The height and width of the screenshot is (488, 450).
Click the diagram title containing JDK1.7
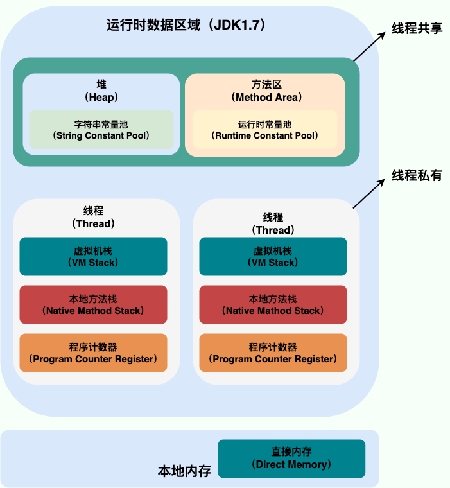coord(186,25)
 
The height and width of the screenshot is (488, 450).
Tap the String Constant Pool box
coord(101,130)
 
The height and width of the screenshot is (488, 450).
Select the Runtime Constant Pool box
coord(265,130)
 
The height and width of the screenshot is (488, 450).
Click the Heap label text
coord(101,91)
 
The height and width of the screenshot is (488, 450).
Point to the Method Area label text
coord(266,91)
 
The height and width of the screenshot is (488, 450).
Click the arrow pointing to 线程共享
coord(369,47)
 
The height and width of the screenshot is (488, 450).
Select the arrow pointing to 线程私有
coord(369,193)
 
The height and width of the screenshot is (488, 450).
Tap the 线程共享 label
coord(417,28)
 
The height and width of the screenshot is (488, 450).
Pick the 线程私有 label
coord(417,175)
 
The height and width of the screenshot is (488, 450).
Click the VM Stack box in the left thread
coord(93,256)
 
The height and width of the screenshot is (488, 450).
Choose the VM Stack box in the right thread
coord(273,256)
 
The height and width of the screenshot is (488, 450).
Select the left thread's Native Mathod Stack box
coord(93,305)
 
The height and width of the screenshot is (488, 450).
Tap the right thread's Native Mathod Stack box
coord(273,305)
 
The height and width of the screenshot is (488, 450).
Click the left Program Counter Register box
coord(93,353)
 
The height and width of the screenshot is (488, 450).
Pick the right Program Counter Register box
coord(273,353)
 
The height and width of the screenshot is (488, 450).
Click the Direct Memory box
coord(291,458)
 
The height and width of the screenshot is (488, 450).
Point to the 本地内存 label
coord(184,471)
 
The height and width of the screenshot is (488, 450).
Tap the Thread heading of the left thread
coord(93,217)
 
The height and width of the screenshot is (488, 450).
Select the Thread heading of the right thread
coord(273,223)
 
